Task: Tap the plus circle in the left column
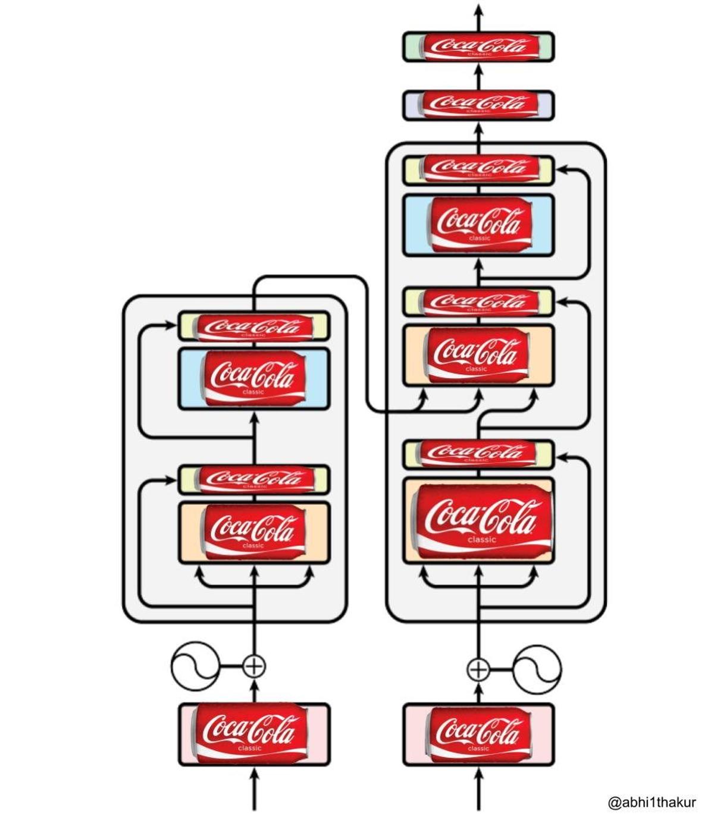(x=255, y=666)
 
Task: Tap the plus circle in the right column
(x=478, y=670)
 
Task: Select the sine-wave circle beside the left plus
(x=195, y=666)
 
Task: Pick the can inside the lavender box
(x=480, y=105)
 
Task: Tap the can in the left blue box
(x=254, y=379)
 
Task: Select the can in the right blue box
(x=480, y=225)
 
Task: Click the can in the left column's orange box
(x=254, y=532)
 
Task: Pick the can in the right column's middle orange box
(x=479, y=354)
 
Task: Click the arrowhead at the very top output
(x=478, y=11)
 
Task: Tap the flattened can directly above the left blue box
(x=254, y=326)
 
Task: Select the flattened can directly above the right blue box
(x=480, y=169)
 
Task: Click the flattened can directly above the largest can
(x=480, y=453)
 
